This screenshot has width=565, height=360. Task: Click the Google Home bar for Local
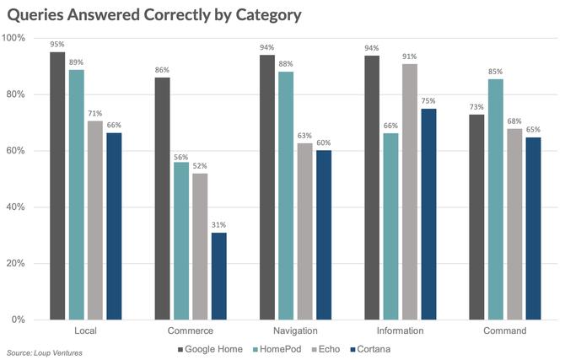tap(57, 185)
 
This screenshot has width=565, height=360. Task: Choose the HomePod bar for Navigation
tap(287, 196)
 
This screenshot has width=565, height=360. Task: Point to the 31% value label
tap(218, 225)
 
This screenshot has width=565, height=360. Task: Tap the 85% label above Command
tap(496, 71)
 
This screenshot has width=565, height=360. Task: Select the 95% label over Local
tap(57, 45)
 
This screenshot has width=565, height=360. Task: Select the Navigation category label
tap(295, 331)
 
